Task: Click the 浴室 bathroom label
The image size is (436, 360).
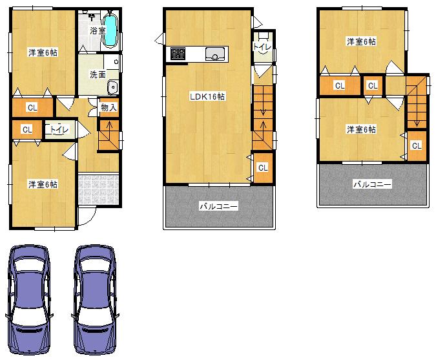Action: pyautogui.click(x=98, y=30)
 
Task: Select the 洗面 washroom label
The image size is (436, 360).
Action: pyautogui.click(x=98, y=74)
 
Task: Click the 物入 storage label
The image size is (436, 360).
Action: pyautogui.click(x=109, y=107)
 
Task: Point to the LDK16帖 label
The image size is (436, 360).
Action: pyautogui.click(x=207, y=96)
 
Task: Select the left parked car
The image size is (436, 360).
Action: pyautogui.click(x=28, y=297)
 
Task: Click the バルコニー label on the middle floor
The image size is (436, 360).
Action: pyautogui.click(x=218, y=207)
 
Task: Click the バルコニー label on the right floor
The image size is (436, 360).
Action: pyautogui.click(x=372, y=184)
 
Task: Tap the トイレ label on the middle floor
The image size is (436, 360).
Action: pyautogui.click(x=262, y=47)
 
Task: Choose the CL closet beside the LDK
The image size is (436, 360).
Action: pyautogui.click(x=262, y=168)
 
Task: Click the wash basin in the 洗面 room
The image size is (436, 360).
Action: pyautogui.click(x=112, y=87)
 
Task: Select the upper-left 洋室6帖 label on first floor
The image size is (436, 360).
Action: pyautogui.click(x=43, y=52)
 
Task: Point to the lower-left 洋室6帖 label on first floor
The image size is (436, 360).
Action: pyautogui.click(x=43, y=184)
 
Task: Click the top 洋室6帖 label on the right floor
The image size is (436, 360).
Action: pyautogui.click(x=361, y=42)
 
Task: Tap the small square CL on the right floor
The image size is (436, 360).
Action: pyautogui.click(x=372, y=85)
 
